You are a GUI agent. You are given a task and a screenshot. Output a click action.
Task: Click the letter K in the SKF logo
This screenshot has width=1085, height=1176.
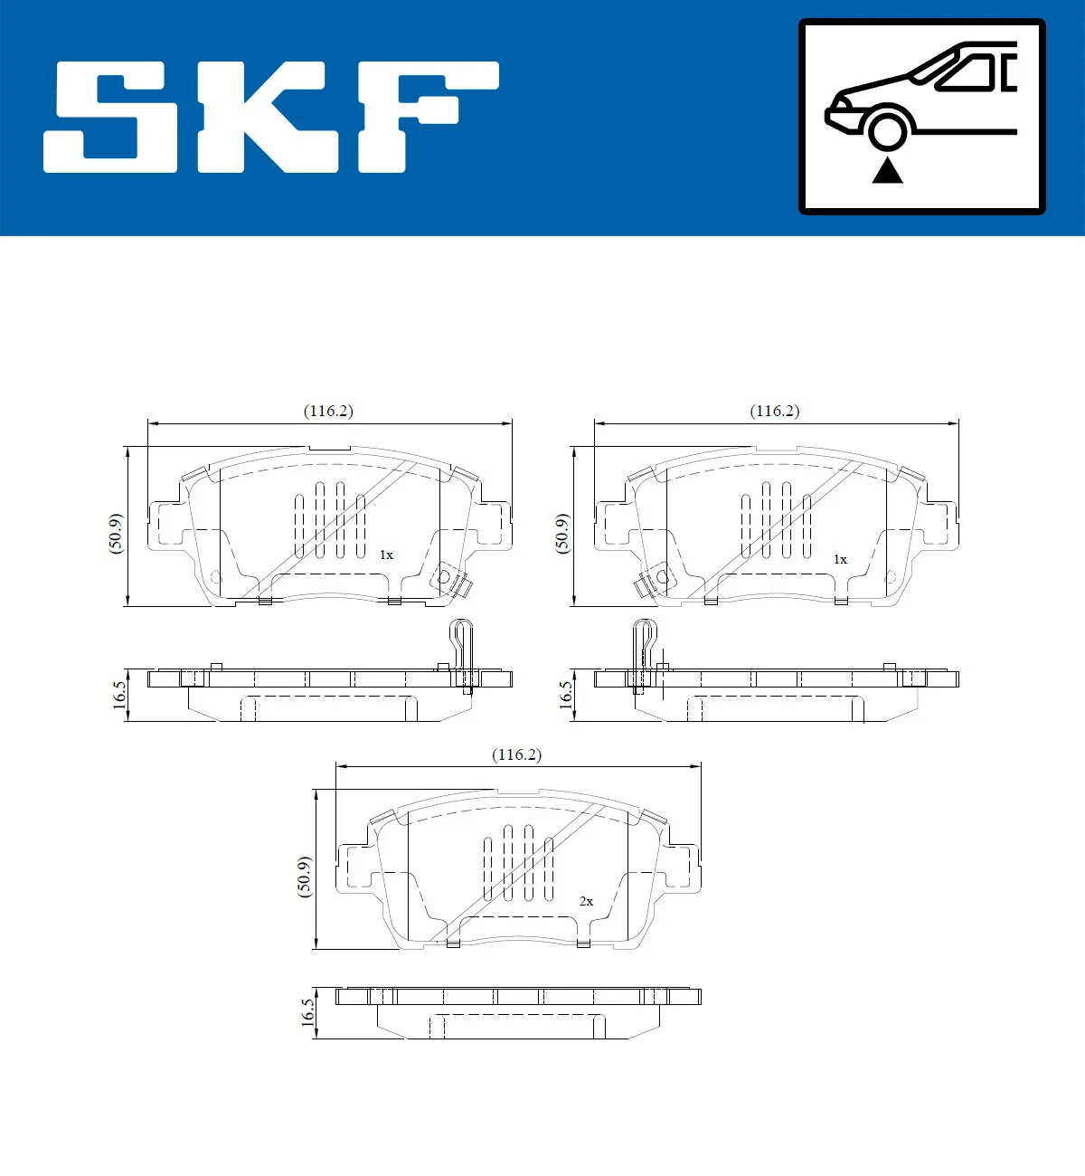pyautogui.click(x=269, y=117)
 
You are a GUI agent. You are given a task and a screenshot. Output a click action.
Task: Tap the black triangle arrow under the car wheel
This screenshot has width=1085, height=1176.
pyautogui.click(x=887, y=170)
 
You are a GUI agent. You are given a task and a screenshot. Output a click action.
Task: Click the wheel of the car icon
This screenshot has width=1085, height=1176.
pyautogui.click(x=887, y=128)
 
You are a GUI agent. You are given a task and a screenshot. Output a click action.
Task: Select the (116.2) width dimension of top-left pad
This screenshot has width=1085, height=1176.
pyautogui.click(x=328, y=411)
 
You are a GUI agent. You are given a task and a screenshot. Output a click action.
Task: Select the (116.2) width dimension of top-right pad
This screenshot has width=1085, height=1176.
pyautogui.click(x=775, y=411)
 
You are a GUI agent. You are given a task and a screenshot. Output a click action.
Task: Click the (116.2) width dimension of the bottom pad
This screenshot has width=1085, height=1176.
pyautogui.click(x=516, y=754)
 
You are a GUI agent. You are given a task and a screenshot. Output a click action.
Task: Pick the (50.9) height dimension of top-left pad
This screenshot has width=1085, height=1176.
pyautogui.click(x=116, y=534)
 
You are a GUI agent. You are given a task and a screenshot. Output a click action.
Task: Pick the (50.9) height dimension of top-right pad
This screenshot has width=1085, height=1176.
pyautogui.click(x=561, y=534)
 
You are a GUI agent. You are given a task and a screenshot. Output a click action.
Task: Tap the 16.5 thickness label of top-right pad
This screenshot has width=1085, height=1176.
pyautogui.click(x=566, y=696)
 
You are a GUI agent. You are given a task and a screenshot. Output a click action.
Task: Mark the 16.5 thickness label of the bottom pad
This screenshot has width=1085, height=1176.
pyautogui.click(x=308, y=1012)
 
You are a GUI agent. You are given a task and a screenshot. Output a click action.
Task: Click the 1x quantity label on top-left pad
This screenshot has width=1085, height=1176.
pyautogui.click(x=386, y=555)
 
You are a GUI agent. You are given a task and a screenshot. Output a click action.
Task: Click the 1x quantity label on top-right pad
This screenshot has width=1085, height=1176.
pyautogui.click(x=840, y=559)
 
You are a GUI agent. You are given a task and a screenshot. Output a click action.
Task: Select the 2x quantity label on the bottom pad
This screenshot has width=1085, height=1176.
pyautogui.click(x=586, y=901)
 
